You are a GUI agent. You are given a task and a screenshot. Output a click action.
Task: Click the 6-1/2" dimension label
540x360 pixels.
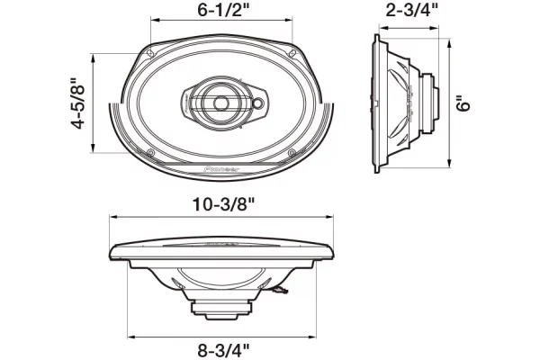[223, 10]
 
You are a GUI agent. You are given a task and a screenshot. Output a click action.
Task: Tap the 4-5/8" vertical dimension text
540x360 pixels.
[77, 104]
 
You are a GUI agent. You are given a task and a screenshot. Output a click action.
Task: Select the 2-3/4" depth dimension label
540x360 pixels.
[411, 10]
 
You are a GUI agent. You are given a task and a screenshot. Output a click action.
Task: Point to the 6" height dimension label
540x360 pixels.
[463, 103]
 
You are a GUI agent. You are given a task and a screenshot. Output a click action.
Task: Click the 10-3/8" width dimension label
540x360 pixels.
[223, 204]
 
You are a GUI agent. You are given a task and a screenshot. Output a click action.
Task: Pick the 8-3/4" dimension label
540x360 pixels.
[223, 351]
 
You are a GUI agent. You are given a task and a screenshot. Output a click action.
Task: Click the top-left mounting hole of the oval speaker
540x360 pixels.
[149, 53]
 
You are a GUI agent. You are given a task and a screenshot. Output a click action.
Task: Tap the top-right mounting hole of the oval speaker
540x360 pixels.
[293, 53]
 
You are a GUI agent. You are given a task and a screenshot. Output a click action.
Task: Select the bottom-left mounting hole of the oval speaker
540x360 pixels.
[150, 153]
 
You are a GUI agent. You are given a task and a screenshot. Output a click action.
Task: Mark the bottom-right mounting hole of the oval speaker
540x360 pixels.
[292, 152]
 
